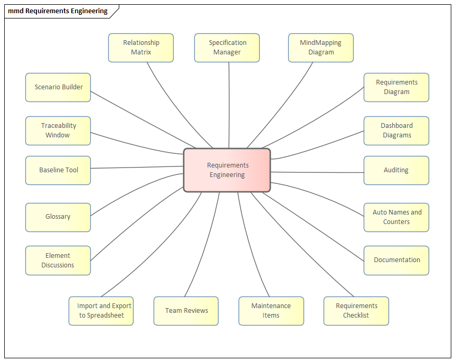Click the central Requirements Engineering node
point(227,170)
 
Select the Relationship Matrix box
point(141,48)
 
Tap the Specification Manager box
point(227,48)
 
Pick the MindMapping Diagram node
point(321,48)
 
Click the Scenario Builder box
point(58,87)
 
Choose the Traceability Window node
point(58,131)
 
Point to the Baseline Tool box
point(58,170)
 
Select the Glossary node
point(58,217)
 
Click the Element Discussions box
point(58,261)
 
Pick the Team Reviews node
point(186,311)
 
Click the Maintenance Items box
point(271,311)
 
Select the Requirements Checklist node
point(356,311)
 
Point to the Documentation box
point(396,260)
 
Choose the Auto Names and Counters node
point(396,217)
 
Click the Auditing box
point(396,170)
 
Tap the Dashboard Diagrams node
point(396,131)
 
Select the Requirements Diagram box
point(396,87)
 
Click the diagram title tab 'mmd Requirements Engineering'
point(58,11)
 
